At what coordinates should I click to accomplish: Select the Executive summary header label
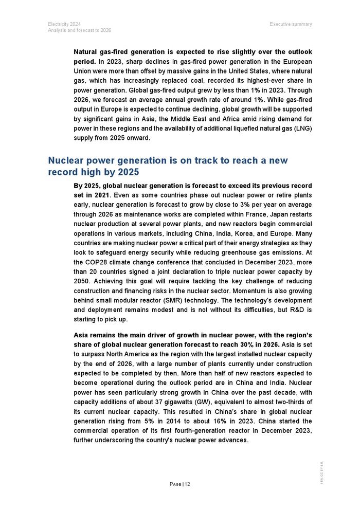coord(291,24)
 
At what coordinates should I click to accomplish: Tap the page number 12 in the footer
coord(187,484)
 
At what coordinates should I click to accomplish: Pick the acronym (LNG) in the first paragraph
coord(301,128)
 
